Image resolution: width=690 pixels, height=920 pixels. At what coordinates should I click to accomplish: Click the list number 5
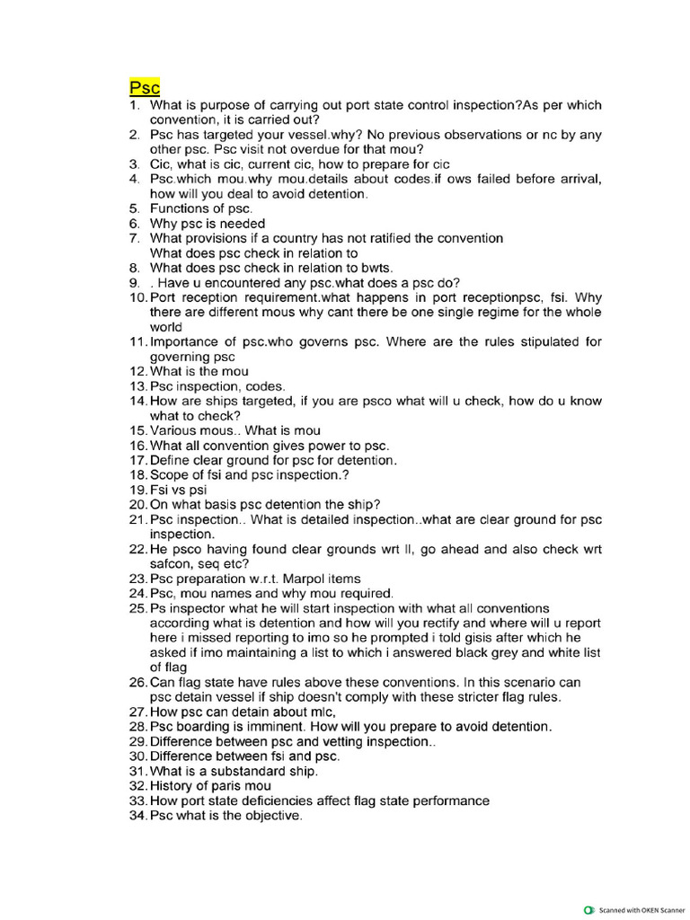(134, 208)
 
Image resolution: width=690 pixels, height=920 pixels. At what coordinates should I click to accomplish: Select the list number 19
(137, 490)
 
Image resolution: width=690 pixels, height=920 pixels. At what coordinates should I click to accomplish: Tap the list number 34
(137, 816)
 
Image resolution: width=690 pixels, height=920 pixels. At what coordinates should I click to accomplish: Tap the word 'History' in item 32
(172, 786)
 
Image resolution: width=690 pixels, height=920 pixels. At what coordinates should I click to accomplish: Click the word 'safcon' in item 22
(171, 564)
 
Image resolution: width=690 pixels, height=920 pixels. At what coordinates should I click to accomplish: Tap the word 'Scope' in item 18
(169, 474)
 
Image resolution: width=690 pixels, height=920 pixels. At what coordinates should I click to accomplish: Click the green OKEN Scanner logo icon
(588, 909)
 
